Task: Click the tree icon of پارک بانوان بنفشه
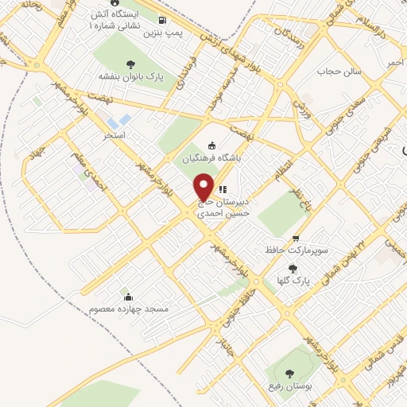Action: tap(130, 64)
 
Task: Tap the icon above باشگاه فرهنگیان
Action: tap(211, 145)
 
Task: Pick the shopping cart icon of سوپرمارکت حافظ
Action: tap(296, 238)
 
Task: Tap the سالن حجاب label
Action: tap(339, 72)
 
